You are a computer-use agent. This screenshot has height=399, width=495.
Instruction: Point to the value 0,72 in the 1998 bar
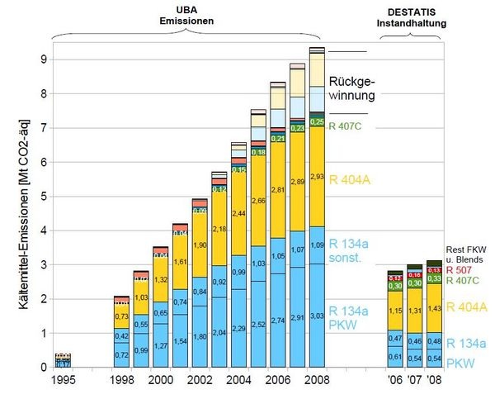click(x=121, y=354)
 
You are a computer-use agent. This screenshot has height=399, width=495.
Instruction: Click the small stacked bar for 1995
click(x=63, y=360)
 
